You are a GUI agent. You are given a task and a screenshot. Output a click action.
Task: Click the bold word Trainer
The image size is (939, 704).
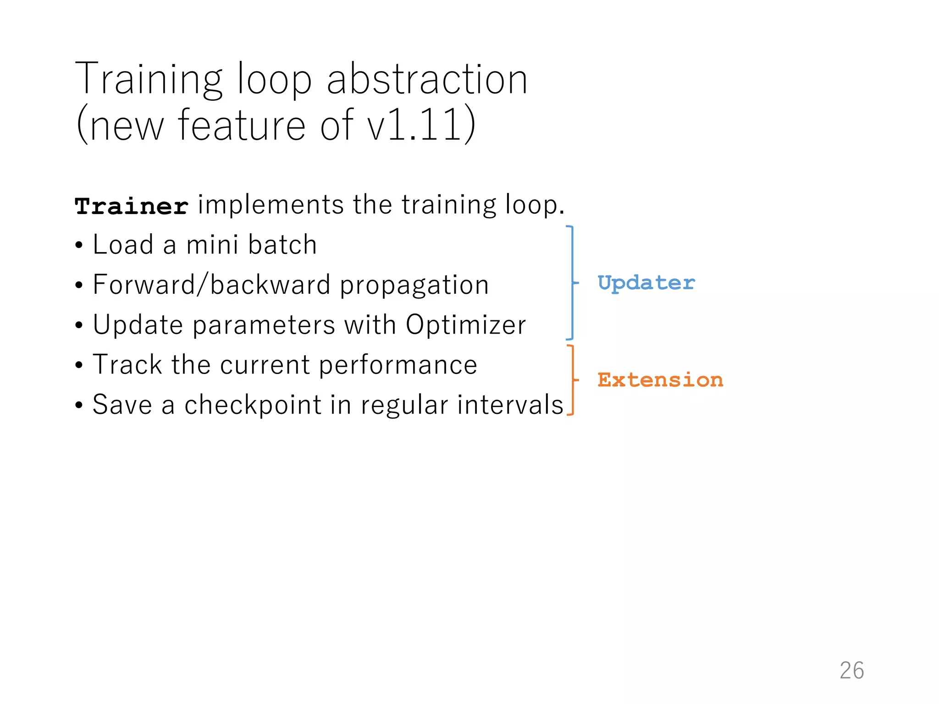(x=132, y=206)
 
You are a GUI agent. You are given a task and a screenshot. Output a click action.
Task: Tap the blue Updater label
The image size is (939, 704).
(x=646, y=283)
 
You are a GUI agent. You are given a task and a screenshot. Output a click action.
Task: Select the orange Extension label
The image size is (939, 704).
(x=660, y=380)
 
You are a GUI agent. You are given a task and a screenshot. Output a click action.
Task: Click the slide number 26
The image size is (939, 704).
(x=851, y=671)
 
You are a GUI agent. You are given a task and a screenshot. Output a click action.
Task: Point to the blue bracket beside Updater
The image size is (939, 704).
(x=572, y=283)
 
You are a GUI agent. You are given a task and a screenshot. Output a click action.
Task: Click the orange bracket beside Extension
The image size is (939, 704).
(x=572, y=380)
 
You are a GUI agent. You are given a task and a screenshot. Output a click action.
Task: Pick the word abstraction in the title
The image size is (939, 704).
(x=427, y=80)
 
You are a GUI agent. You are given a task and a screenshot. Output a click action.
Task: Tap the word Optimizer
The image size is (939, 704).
(x=465, y=325)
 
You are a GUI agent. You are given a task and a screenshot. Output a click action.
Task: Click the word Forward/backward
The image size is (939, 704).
(x=211, y=285)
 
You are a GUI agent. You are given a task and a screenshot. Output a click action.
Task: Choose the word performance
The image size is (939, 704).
(x=398, y=365)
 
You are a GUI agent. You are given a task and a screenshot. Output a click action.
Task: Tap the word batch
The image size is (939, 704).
(x=282, y=244)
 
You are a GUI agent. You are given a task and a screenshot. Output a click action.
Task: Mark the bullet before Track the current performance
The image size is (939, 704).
(x=79, y=366)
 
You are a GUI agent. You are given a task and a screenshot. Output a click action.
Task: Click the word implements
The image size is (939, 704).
(x=270, y=205)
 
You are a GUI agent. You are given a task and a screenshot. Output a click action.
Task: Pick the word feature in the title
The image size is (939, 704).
(x=242, y=125)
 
